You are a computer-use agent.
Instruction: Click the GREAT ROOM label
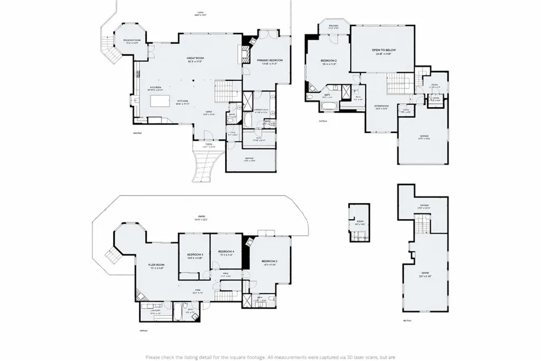pos(195,59)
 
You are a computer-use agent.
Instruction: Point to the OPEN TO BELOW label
pos(386,51)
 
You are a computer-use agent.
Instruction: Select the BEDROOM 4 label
pos(226,251)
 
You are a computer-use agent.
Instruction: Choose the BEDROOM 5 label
pos(195,255)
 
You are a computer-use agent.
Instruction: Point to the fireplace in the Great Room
pos(245,51)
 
